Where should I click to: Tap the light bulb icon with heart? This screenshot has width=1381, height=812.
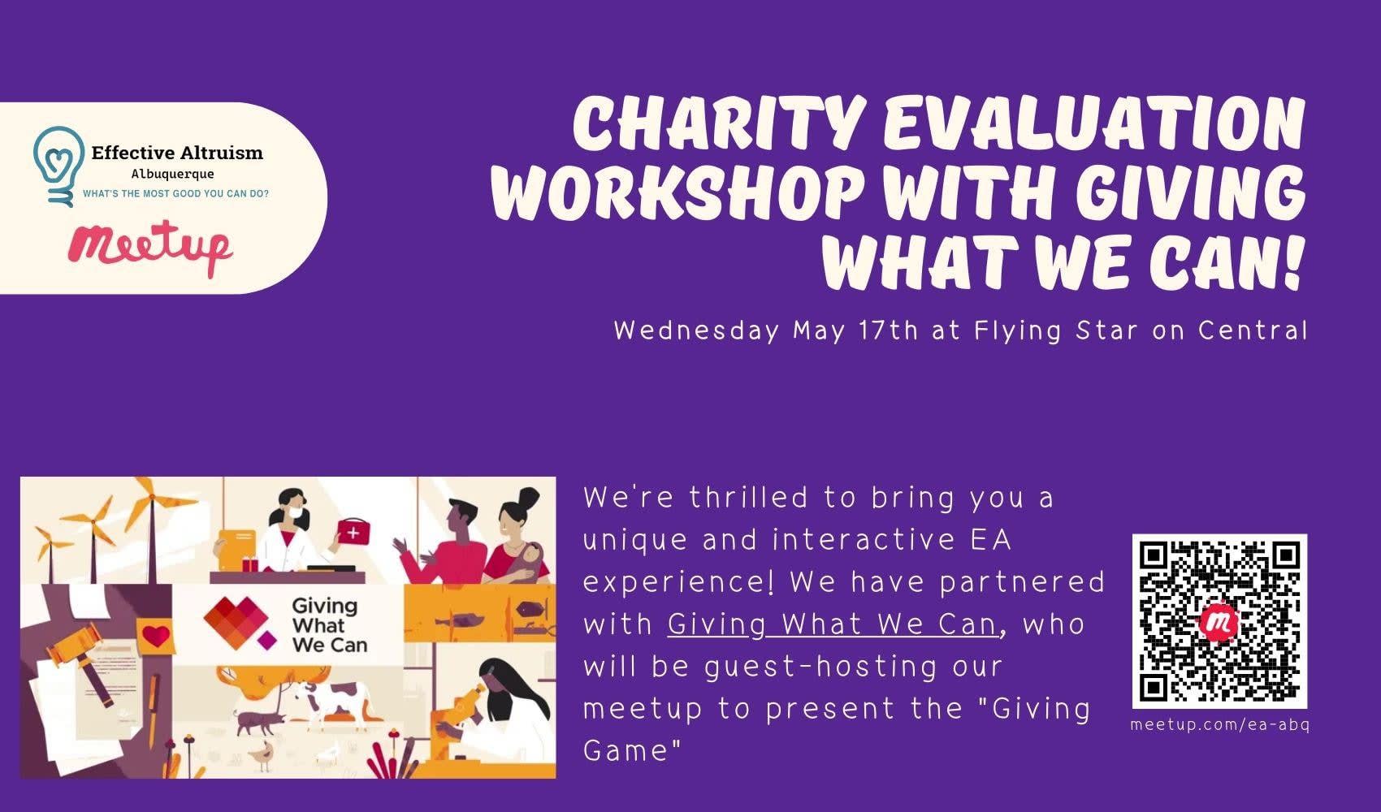point(58,166)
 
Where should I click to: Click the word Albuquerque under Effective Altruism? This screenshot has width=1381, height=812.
point(172,175)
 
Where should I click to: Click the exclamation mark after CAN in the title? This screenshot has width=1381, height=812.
point(1295,261)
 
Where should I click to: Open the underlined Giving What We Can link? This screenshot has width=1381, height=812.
point(833,624)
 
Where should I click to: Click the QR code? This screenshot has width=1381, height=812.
point(1219,622)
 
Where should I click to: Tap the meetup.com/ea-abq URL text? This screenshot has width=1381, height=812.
point(1219,725)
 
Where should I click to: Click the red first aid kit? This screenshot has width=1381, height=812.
point(354,531)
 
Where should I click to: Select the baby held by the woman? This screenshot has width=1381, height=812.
point(526,559)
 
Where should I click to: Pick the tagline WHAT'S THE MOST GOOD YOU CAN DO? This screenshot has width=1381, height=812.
point(175,193)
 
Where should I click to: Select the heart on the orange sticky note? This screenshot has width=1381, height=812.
point(156,636)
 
